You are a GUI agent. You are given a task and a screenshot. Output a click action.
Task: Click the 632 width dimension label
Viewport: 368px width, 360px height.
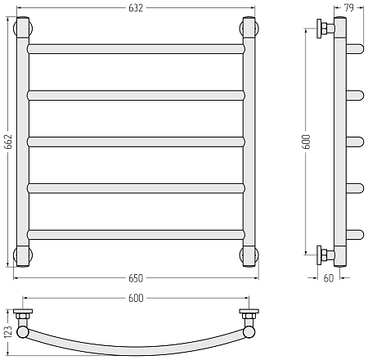point(136,8)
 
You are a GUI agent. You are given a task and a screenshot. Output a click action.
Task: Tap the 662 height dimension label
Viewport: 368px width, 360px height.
point(8,142)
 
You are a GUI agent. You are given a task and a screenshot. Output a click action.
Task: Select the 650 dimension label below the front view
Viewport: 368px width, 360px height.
point(136,278)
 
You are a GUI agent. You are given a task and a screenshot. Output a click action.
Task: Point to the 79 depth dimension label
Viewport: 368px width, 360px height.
point(349,8)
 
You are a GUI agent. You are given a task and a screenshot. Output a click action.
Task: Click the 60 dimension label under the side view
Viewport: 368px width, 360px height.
point(329,278)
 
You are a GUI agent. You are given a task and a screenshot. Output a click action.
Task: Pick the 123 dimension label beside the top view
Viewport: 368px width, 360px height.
point(8,332)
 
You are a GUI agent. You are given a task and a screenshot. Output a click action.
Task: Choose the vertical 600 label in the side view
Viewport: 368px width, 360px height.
point(307,142)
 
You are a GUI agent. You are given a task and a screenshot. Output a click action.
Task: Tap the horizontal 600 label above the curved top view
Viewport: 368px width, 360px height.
point(136,298)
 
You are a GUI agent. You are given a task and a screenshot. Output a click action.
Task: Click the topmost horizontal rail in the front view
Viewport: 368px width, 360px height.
point(136,49)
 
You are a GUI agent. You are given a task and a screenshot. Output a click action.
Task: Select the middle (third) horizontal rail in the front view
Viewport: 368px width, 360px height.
point(136,142)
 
